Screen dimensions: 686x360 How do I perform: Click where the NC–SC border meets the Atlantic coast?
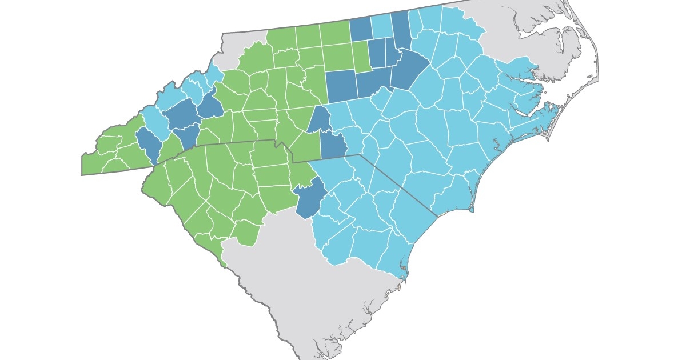coord(437,216)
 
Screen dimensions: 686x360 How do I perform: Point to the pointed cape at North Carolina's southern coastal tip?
coord(472,210)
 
